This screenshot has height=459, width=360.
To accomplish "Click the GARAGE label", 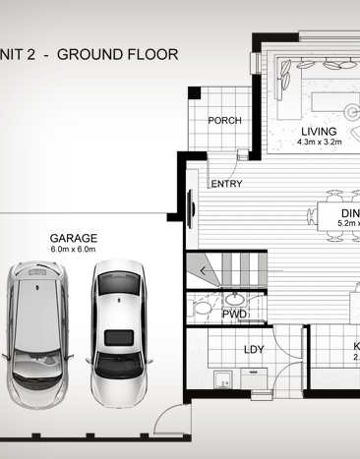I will point(75,238).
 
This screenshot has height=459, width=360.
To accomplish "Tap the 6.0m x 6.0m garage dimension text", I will point(75,250).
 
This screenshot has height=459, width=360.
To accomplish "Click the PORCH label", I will point(224,121).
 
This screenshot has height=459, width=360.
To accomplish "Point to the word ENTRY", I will point(226,184).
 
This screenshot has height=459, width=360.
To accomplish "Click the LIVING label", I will point(319,131).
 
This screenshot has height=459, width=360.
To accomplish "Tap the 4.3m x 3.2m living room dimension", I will point(319,143).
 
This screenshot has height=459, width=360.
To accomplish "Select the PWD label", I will point(234,315).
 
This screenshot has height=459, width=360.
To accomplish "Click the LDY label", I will point(254,351).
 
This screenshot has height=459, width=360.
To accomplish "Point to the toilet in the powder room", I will point(202,308).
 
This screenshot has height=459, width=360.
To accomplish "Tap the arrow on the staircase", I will point(204,269).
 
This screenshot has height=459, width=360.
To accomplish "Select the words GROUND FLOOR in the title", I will point(117,54).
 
